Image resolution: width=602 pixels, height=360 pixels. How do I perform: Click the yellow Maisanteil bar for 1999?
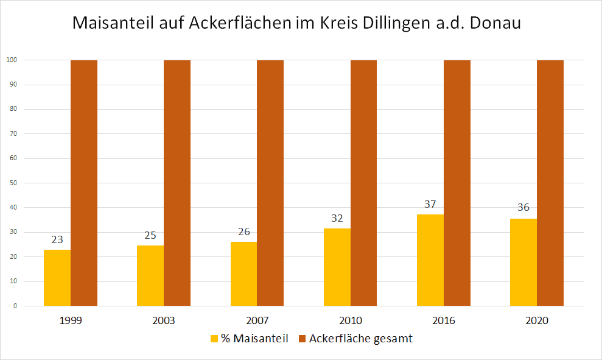click(x=57, y=278)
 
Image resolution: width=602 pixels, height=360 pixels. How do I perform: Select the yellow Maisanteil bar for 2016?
click(x=430, y=260)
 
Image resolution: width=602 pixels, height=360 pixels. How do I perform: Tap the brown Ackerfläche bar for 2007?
click(x=270, y=183)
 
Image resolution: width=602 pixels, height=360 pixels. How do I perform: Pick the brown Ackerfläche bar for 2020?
click(x=550, y=183)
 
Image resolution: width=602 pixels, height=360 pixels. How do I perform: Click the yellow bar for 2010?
click(x=337, y=267)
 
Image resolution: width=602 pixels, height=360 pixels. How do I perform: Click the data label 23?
click(x=57, y=240)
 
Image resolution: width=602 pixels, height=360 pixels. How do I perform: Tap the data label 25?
click(x=150, y=236)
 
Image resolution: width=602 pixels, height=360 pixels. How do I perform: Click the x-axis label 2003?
click(x=164, y=320)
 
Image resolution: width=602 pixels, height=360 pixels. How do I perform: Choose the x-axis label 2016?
click(x=444, y=320)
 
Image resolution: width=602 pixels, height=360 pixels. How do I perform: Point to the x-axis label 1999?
click(x=71, y=320)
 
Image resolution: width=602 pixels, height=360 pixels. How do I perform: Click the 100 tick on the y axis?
click(x=11, y=60)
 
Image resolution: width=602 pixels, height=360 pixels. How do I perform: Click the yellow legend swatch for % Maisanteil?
click(x=214, y=339)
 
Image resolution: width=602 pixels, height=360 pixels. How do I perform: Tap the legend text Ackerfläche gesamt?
click(x=360, y=339)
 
